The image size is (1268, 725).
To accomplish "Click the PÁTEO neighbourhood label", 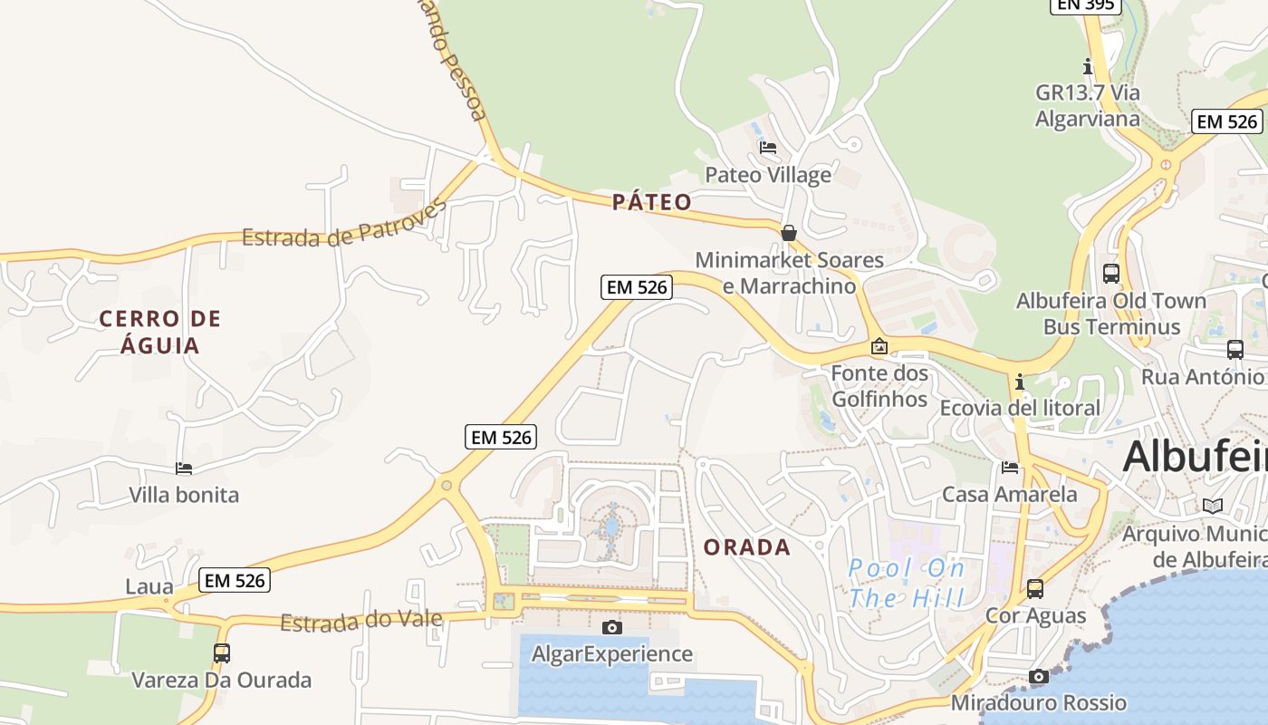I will [x=651, y=202].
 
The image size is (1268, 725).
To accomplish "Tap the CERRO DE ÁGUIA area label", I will [x=160, y=332].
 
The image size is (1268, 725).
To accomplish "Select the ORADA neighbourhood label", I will [x=747, y=547].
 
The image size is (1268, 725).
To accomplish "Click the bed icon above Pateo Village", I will [x=768, y=147].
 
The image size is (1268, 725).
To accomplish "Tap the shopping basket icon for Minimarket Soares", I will [x=789, y=233].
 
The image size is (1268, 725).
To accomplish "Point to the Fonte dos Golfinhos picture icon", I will [x=879, y=346].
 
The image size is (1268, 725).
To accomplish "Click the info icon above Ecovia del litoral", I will [x=1020, y=382].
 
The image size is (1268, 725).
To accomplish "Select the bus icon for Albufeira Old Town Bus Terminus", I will [x=1110, y=273].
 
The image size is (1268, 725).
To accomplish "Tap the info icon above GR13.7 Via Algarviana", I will [x=1088, y=66].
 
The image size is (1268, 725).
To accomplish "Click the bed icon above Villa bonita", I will [x=184, y=469].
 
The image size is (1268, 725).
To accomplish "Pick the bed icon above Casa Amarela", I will [x=1010, y=468].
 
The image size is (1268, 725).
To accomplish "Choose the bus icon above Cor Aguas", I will [x=1034, y=588].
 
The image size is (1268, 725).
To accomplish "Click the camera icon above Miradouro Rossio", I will [x=1039, y=676].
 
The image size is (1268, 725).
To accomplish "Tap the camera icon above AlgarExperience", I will [x=612, y=627].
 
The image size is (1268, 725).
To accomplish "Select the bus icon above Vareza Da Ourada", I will [x=221, y=652].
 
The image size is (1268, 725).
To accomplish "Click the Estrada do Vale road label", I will [x=360, y=621].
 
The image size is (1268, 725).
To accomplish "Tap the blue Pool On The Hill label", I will [x=907, y=583].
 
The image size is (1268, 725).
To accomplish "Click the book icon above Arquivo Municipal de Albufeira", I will [x=1212, y=506].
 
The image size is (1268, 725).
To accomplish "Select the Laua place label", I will [x=149, y=586].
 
